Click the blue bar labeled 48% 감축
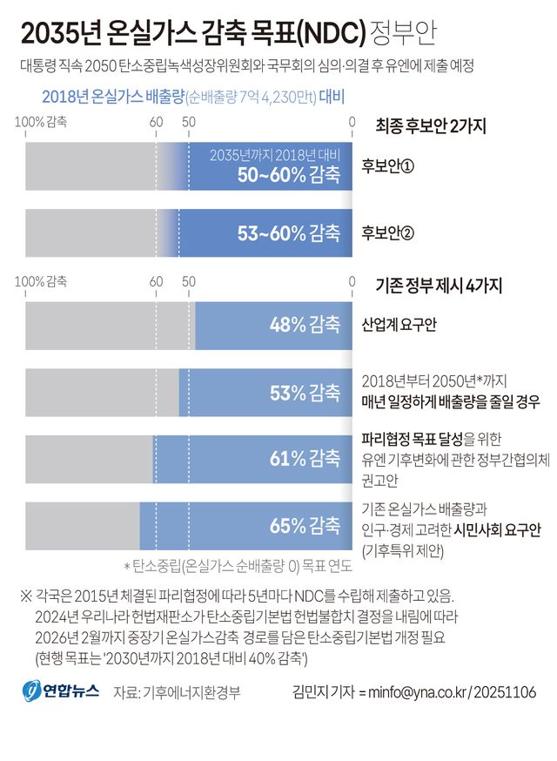pos(273,325)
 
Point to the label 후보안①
pos(387,165)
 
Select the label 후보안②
pos(387,232)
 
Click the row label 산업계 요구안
pos(399,325)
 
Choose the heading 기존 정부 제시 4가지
pos(440,284)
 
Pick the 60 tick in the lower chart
pos(156,281)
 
